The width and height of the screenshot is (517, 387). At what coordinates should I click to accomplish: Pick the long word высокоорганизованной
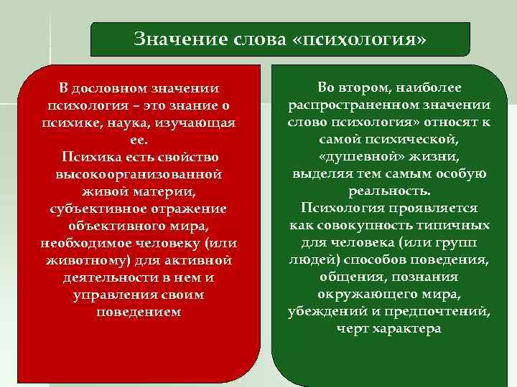pyautogui.click(x=139, y=174)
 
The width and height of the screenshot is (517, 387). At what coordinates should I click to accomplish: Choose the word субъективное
pyautogui.click(x=94, y=209)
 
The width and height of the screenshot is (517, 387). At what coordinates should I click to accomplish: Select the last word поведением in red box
pyautogui.click(x=139, y=312)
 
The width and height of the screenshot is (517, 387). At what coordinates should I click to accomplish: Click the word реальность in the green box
pyautogui.click(x=389, y=191)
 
